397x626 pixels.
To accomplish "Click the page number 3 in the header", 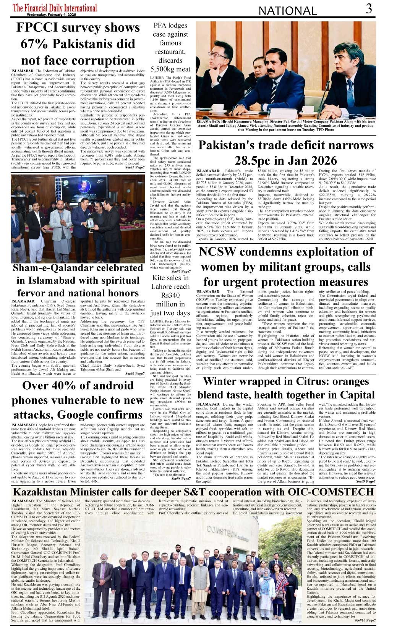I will pyautogui.click(x=368, y=8).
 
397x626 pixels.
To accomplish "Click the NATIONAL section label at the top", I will pyautogui.click(x=288, y=11).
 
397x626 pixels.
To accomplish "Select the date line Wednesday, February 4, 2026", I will pyautogui.click(x=52, y=15).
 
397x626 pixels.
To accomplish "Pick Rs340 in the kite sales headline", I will pyautogui.click(x=170, y=295).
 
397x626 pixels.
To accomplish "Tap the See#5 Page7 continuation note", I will pyautogui.click(x=135, y=167).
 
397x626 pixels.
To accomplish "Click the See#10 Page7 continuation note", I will pyautogui.click(x=365, y=620).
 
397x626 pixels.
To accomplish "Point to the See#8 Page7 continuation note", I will pyautogui.click(x=181, y=478).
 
